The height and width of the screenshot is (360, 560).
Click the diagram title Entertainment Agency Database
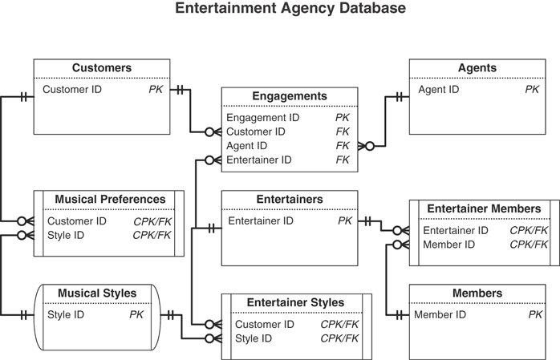279,10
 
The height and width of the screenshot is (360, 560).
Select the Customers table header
101,69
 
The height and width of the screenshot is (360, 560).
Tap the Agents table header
477,69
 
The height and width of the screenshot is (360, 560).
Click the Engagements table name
289,97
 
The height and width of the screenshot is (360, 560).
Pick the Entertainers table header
289,200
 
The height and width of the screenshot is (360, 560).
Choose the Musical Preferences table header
110,200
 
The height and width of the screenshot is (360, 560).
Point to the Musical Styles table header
97,293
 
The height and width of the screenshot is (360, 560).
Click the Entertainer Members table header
483,209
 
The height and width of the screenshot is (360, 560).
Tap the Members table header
477,293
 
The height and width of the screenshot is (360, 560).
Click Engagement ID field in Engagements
262,118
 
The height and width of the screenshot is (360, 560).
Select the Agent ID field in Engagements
246,146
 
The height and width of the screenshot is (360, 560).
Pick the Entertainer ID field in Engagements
258,160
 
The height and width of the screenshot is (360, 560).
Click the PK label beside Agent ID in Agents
532,90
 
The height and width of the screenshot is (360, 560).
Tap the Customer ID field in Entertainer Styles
264,325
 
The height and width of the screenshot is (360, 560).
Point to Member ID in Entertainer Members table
448,245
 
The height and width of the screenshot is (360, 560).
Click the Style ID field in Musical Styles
65,315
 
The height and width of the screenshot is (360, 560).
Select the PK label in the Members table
535,315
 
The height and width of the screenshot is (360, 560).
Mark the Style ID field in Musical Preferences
66,236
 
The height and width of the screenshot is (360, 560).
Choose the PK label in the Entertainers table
345,221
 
